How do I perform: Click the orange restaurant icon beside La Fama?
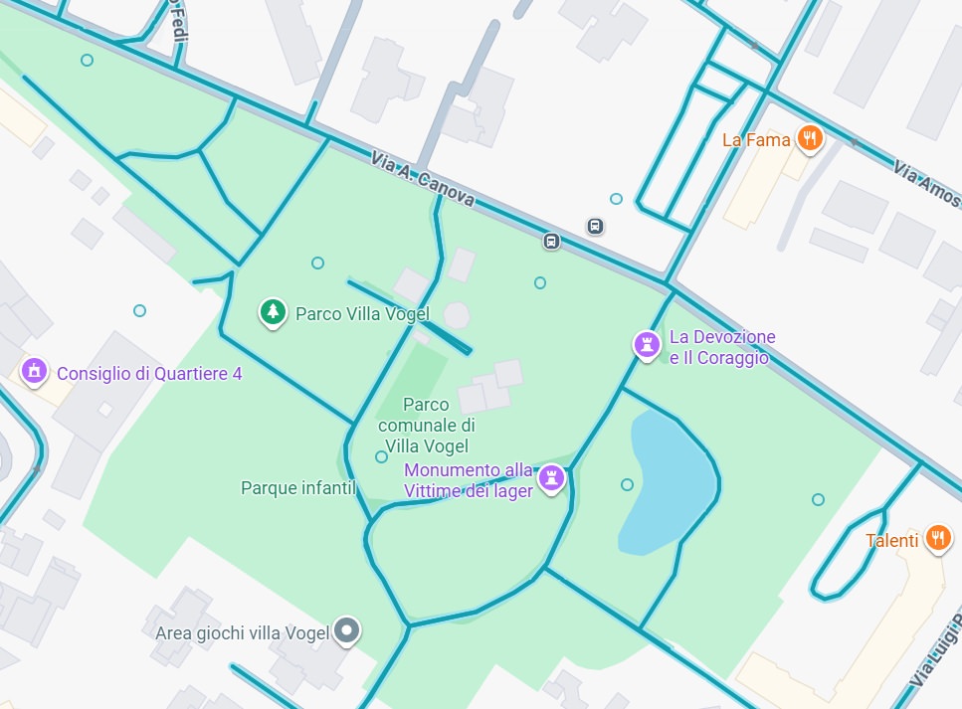click(811, 139)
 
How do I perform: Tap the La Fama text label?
click(756, 140)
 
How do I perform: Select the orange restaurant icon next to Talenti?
click(937, 539)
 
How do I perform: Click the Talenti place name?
click(891, 541)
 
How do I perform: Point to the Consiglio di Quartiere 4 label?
click(149, 374)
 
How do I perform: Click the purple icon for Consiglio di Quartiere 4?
click(35, 372)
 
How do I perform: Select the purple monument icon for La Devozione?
click(648, 346)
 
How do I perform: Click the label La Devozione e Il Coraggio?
click(721, 348)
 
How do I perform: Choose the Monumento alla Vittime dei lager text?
click(468, 480)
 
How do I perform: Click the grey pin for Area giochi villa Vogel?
click(346, 629)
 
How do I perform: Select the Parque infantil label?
click(298, 488)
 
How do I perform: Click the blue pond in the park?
click(667, 482)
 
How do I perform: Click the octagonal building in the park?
click(457, 315)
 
